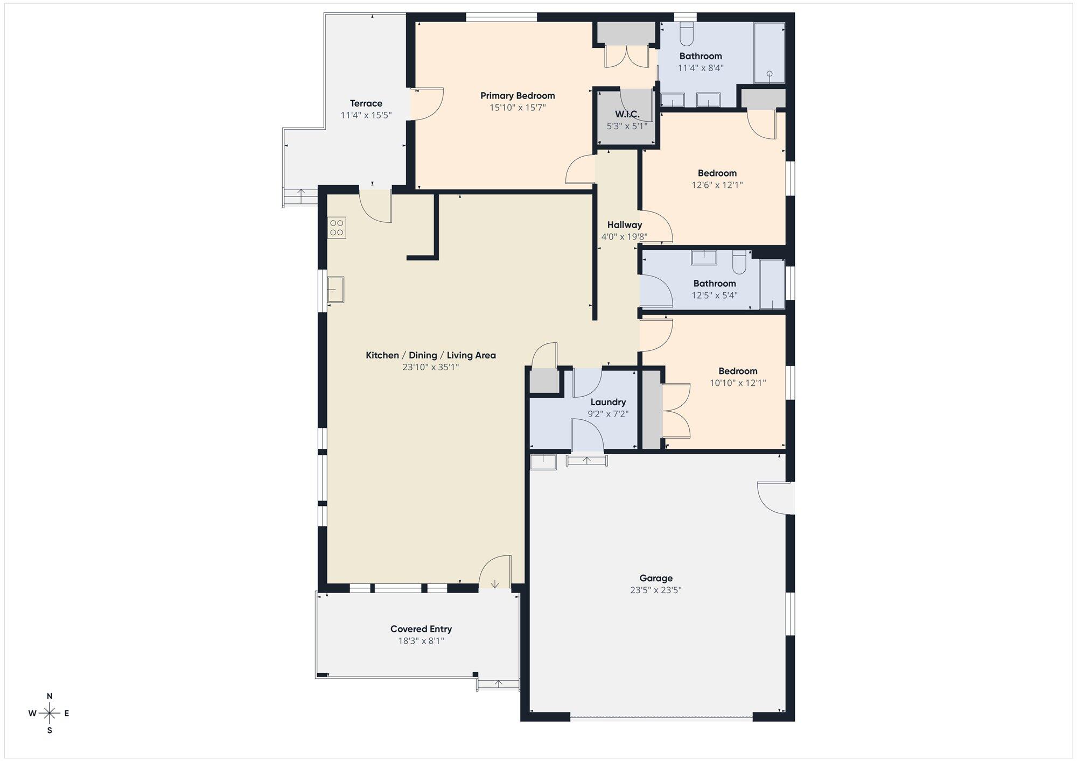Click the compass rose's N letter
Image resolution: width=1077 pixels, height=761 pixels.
pos(50,696)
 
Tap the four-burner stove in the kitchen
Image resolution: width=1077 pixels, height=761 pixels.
pos(337,228)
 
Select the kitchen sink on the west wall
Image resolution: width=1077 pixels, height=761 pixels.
pos(335,290)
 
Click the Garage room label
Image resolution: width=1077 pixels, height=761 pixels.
pos(656,578)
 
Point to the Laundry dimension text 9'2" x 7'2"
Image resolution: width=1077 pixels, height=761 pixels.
pos(608,414)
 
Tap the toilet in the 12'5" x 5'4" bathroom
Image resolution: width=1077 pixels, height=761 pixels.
pos(739,262)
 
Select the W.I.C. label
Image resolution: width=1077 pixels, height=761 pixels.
pos(627,114)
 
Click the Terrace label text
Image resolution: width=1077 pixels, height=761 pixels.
pos(366,103)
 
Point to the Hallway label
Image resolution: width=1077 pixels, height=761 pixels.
pos(625,225)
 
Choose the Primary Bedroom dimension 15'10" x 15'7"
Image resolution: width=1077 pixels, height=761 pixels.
pos(517,108)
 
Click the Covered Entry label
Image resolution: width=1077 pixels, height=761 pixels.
pos(421,629)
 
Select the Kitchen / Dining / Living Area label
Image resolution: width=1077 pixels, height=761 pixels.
pos(431,355)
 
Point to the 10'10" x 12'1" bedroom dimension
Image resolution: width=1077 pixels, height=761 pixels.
pos(738,383)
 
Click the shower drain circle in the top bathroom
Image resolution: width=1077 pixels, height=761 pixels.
pos(770,74)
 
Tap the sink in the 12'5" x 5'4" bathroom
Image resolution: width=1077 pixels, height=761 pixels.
pos(704,258)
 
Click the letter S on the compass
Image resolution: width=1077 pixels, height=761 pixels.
pos(50,730)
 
